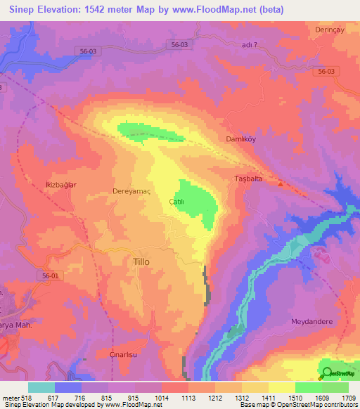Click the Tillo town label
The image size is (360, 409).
click(x=141, y=261)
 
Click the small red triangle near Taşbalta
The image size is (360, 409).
click(x=281, y=185)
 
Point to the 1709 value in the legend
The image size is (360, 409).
click(x=347, y=397)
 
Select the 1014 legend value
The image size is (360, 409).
click(x=160, y=397)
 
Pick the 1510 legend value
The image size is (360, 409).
click(x=294, y=397)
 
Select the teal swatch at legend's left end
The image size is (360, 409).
click(x=41, y=387)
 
